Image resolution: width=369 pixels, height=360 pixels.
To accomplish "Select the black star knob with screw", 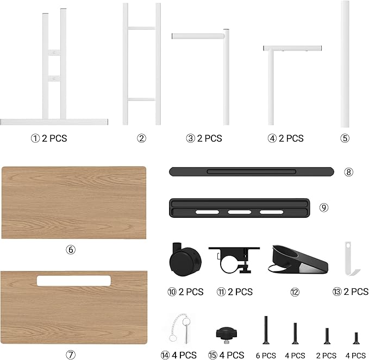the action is (227, 335).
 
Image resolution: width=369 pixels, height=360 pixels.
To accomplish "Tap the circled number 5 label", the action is (345, 138).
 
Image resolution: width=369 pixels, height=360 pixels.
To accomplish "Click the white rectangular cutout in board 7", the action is (74, 281).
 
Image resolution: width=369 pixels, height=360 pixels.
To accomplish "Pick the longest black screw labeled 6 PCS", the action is (266, 330).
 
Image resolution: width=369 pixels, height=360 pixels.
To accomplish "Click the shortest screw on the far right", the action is (357, 338).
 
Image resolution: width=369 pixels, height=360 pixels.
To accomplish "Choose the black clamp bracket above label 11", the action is (234, 260).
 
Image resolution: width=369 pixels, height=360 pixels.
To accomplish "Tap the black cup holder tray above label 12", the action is (298, 260).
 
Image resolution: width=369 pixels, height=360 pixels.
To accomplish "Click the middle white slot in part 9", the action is (239, 212).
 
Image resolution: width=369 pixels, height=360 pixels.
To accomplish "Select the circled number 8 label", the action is (348, 172).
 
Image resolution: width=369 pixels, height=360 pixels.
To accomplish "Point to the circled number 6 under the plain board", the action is (71, 249).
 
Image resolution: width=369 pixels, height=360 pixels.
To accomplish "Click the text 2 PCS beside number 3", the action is (209, 138).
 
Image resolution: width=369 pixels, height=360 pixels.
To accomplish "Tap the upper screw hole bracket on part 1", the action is (54, 53).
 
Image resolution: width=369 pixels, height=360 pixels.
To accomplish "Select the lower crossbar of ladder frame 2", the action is (141, 99).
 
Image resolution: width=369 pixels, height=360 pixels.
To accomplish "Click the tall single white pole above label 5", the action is (345, 64).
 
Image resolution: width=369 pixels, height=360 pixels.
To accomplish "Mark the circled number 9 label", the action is (324, 207).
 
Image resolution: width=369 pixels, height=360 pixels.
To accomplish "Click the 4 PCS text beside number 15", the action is (232, 355).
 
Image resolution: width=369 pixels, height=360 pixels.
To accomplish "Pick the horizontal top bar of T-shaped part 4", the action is (292, 48).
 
